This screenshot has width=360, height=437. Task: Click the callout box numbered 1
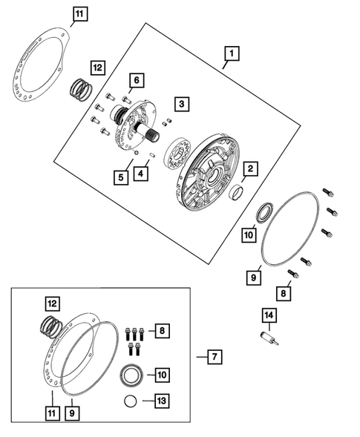[x=232, y=53]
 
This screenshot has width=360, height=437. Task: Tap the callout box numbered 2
[x=250, y=168]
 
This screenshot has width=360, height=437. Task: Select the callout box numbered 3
[x=182, y=104]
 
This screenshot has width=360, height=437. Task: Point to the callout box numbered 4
[x=140, y=174]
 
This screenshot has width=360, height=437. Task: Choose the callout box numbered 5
[x=121, y=177]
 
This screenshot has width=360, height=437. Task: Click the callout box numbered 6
[x=137, y=80]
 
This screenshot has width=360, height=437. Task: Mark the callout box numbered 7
[x=215, y=356]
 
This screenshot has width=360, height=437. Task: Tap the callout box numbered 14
[x=269, y=315]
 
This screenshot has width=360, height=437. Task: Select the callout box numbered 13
[x=162, y=401]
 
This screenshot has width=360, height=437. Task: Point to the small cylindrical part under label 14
[x=269, y=338]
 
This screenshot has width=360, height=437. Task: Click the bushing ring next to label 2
[x=236, y=192]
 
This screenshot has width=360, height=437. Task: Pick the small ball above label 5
[x=136, y=152]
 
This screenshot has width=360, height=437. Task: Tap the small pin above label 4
[x=151, y=154]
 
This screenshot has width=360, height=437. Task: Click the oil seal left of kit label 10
[x=131, y=375]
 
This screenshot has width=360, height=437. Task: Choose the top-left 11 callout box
[x=80, y=14]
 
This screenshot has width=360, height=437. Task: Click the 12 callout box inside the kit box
[x=53, y=303]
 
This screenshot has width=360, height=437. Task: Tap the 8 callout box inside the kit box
[x=162, y=331]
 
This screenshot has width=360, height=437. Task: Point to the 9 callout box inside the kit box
[x=72, y=413]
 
